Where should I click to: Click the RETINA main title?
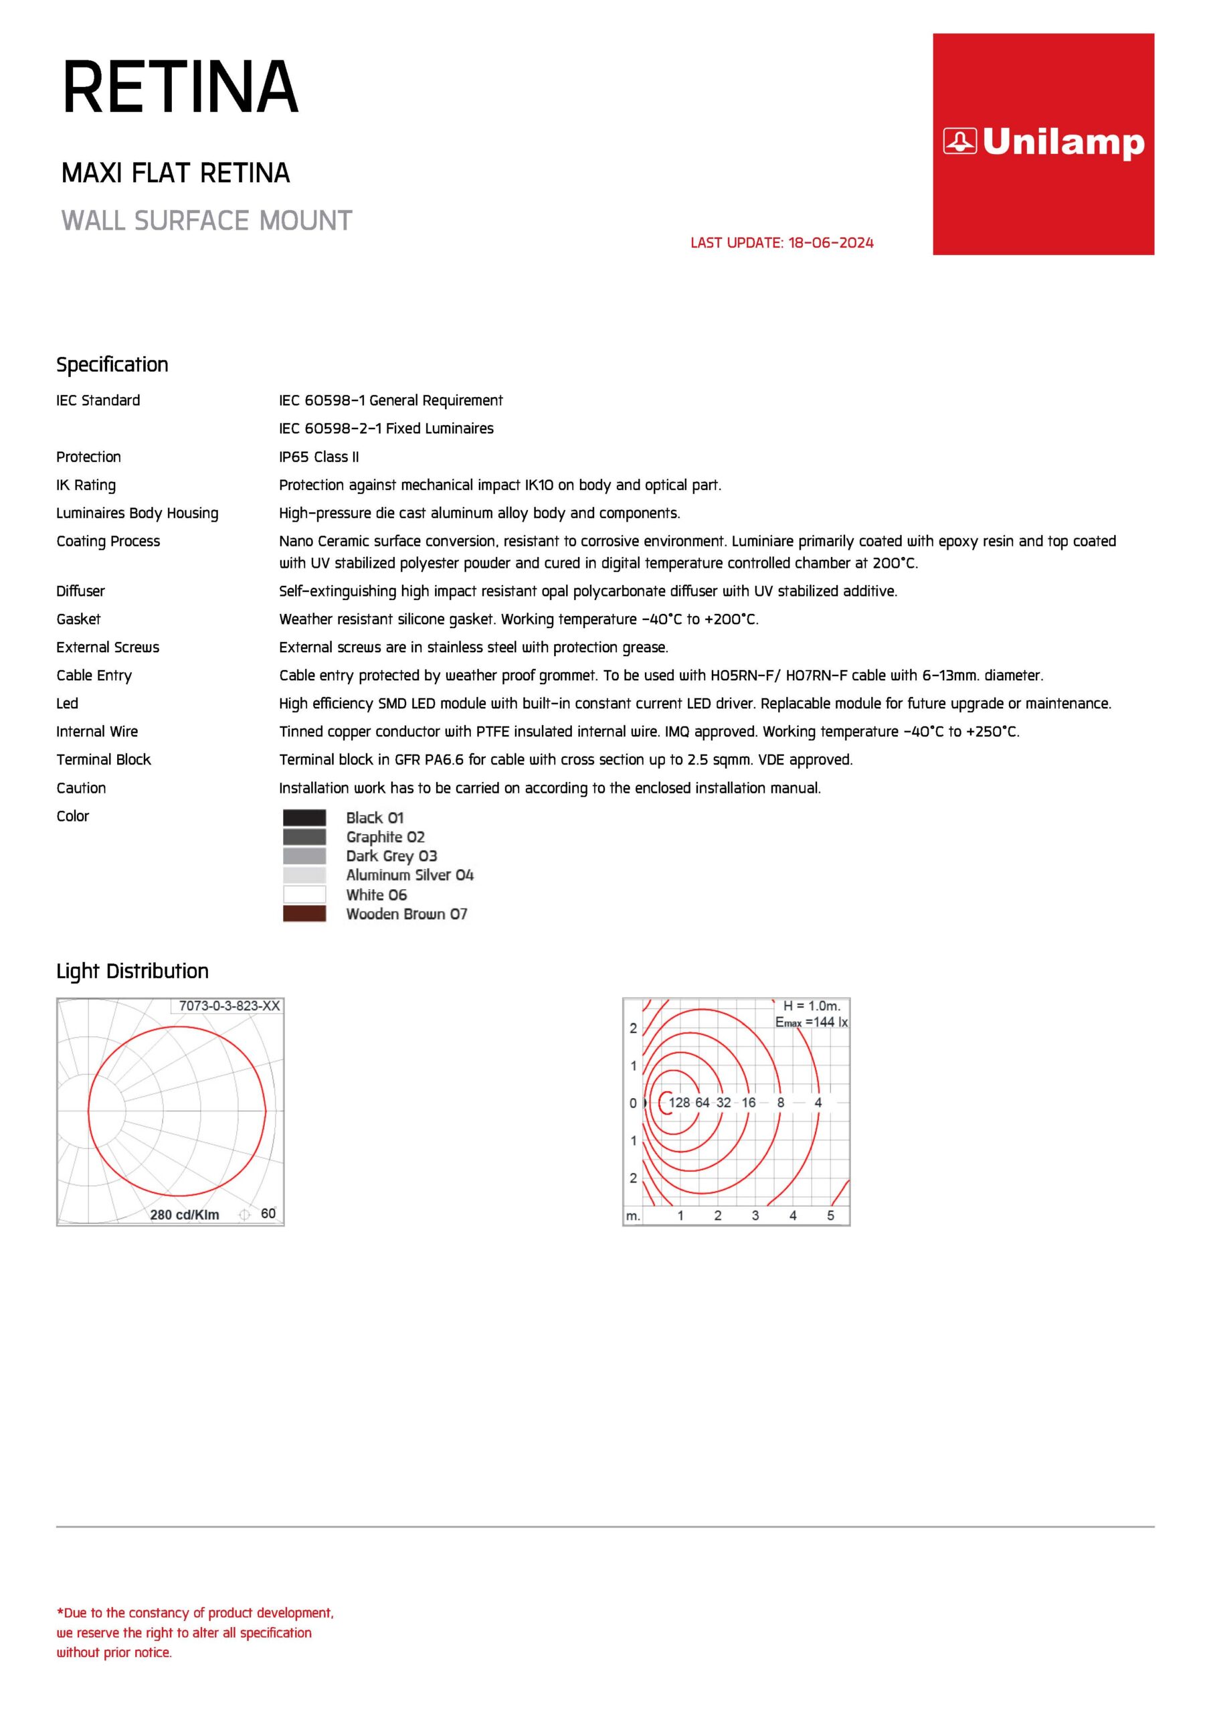tap(181, 88)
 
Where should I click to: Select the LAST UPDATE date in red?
tap(781, 242)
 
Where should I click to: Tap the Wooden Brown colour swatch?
tap(304, 914)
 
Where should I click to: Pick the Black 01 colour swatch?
tap(304, 817)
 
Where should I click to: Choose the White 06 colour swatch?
tap(304, 894)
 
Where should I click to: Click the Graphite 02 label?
tap(385, 837)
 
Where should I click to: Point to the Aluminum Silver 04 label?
tap(409, 875)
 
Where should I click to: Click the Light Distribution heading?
tap(133, 971)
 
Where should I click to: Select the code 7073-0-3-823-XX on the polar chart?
tap(229, 1006)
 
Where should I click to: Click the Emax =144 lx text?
tap(811, 1022)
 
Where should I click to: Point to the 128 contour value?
tap(679, 1103)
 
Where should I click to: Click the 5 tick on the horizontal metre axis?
tap(830, 1215)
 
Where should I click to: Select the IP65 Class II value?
tap(318, 457)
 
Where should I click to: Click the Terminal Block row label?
tap(104, 759)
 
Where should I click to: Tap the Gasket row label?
tap(78, 619)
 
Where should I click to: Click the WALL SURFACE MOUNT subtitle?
tap(207, 221)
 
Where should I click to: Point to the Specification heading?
tap(112, 364)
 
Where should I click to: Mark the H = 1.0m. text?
tap(812, 1006)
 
